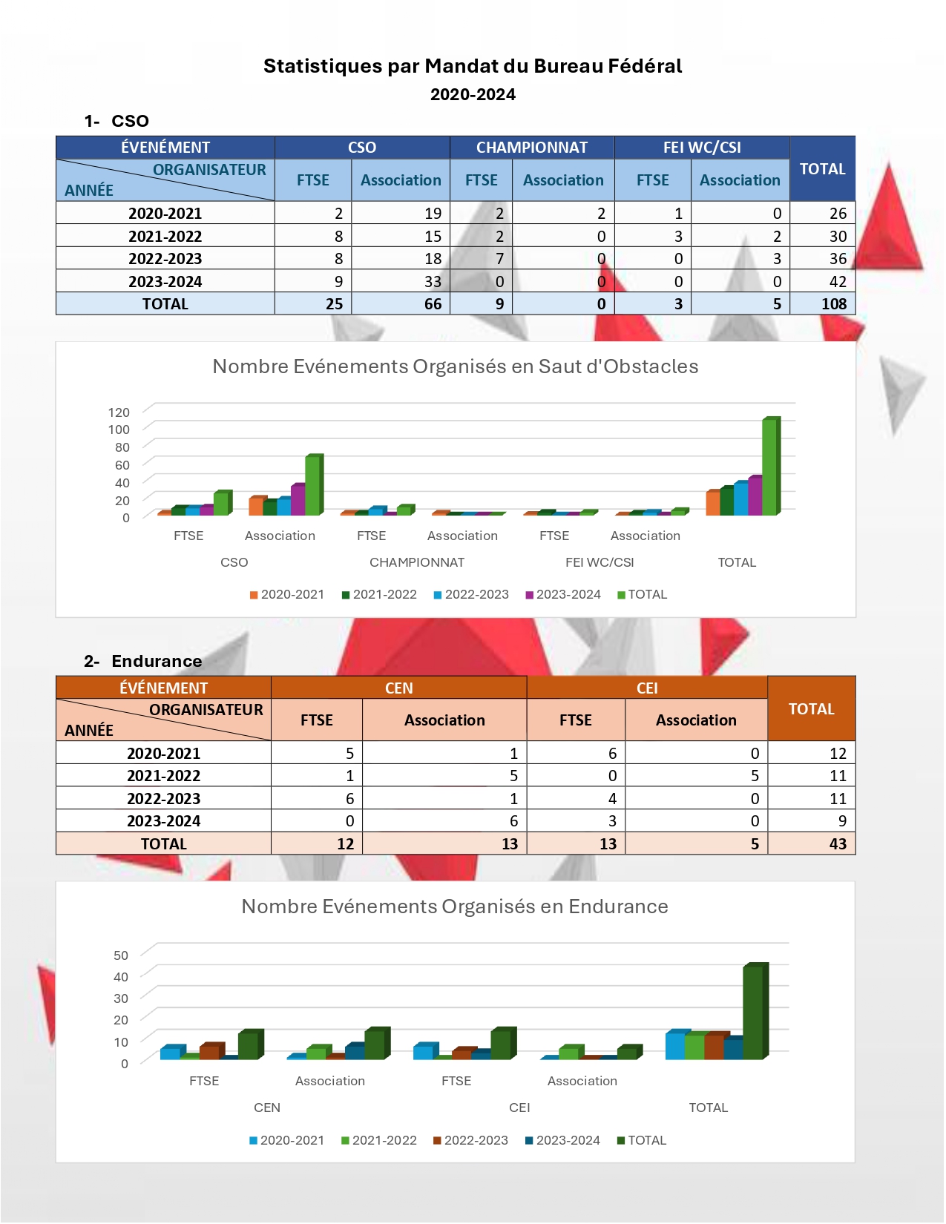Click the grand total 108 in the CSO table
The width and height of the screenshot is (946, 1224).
(833, 304)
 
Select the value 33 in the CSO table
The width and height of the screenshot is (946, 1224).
(433, 282)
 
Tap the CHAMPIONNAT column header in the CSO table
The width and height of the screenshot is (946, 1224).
(531, 148)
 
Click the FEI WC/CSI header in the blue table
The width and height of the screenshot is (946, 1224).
(701, 148)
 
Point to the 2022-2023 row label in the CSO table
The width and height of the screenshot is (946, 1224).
(165, 259)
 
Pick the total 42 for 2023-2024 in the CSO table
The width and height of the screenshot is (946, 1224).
(838, 282)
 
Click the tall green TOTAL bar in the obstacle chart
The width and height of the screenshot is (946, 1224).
(770, 467)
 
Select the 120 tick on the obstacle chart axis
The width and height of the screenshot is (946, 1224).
(119, 412)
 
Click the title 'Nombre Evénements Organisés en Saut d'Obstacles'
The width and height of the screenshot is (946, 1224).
(455, 366)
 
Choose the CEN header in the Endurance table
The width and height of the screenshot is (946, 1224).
(398, 688)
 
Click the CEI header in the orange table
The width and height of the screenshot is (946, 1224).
(647, 688)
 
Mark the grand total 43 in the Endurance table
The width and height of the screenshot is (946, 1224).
(838, 844)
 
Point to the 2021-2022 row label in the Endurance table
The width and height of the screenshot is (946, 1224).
(163, 776)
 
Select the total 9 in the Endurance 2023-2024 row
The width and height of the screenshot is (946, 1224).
(842, 821)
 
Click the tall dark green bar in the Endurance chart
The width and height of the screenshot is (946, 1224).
(753, 1012)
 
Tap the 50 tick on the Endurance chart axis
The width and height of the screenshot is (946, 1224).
(121, 955)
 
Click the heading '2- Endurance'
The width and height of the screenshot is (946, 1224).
(143, 661)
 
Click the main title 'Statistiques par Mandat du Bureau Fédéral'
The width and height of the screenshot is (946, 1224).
(473, 66)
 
